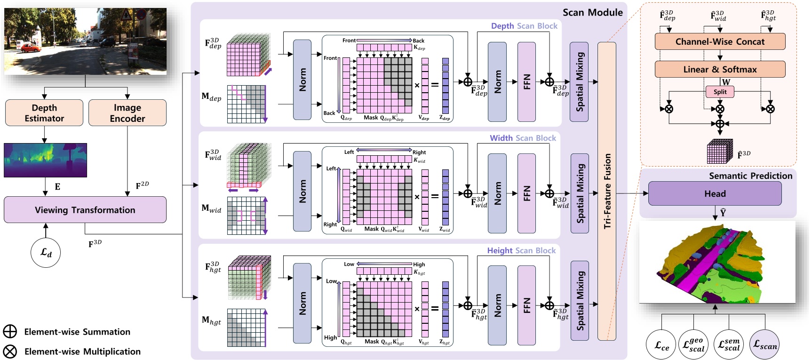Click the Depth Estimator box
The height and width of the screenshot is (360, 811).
coord(44,112)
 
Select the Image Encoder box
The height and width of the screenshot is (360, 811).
coord(127,112)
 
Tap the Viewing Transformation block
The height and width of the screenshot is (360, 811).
coord(85,210)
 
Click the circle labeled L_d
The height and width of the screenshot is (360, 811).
coord(46,253)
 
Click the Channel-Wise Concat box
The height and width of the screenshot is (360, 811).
coord(720,41)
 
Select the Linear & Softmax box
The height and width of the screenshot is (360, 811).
coord(720,69)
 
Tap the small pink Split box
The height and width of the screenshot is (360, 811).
coord(720,92)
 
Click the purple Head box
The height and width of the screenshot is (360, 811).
coord(715,193)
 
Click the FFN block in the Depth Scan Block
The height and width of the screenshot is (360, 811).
coord(526,82)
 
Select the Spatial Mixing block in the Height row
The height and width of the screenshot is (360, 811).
coord(579,300)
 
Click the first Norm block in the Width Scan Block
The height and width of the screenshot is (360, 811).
coord(302,191)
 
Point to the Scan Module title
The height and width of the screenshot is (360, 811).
coord(592,12)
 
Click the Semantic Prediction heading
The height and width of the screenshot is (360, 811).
coord(750,176)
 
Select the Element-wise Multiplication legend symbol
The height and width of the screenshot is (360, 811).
coord(10,352)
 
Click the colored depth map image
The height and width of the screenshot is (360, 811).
coord(45,160)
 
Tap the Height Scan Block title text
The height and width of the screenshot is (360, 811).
coord(521,250)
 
